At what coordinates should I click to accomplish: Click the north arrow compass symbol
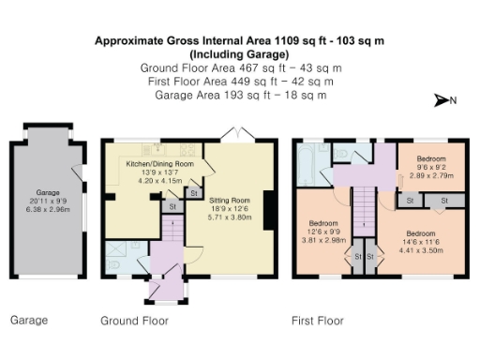pos(442,100)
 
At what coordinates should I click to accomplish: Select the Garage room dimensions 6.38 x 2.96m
pos(47,209)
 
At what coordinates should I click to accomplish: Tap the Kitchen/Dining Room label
pos(159,164)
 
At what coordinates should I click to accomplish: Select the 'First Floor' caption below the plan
pos(318,321)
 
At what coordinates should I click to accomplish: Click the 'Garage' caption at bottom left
pos(28,321)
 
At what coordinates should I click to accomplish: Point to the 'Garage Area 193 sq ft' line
pos(239,95)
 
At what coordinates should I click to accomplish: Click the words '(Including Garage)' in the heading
pos(240,54)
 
